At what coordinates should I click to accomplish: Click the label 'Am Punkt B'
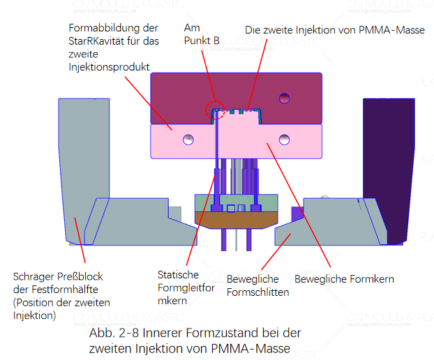tap(201, 35)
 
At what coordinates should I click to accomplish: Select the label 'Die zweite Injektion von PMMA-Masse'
tap(334, 30)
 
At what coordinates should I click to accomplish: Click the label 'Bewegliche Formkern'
tap(344, 279)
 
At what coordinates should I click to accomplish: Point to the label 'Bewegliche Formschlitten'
tap(257, 286)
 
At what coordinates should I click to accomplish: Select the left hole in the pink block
tap(188, 140)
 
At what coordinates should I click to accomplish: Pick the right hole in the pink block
tap(283, 140)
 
